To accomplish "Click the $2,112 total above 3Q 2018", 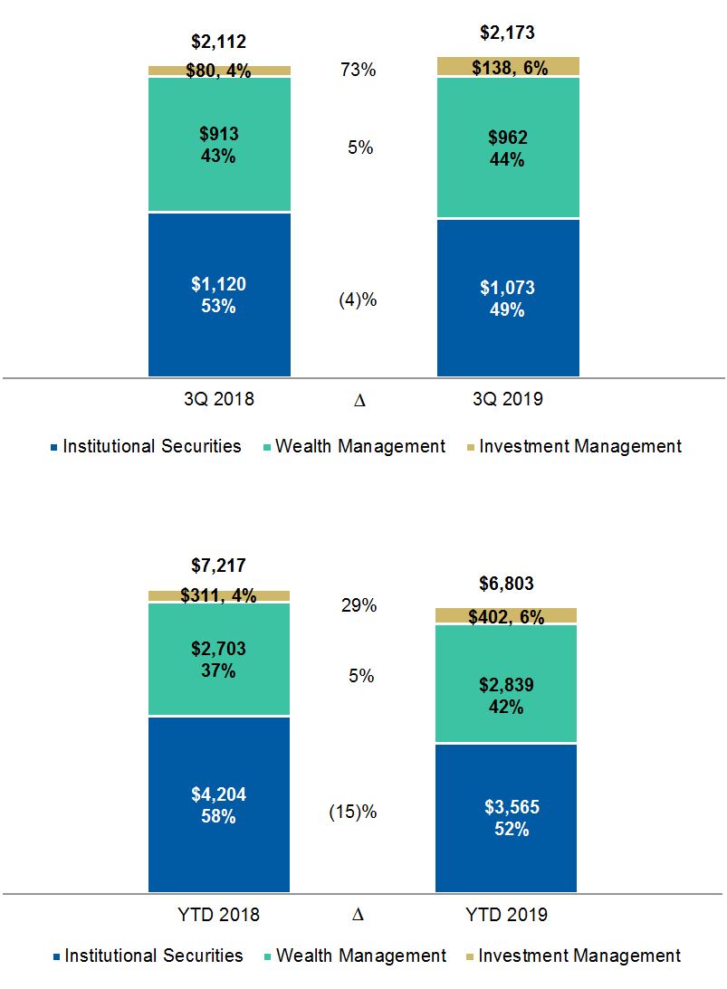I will coord(219,42).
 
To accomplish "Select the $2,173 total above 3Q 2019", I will coord(508,33).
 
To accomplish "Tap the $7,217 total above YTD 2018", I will coord(219,566).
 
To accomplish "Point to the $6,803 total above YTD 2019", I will coord(508,584).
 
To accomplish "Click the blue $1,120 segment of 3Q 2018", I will coord(219,295).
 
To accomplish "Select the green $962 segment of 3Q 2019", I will coord(508,149).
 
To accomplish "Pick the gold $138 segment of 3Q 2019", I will coord(508,67).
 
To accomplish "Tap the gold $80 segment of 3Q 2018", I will coord(219,71).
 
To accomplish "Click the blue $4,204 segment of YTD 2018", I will coord(219,805).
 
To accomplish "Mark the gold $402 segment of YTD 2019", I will coord(508,616).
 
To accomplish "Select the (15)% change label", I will coord(352,813).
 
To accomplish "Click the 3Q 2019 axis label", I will coord(508,398).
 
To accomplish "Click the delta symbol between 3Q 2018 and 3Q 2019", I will coord(359,399).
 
